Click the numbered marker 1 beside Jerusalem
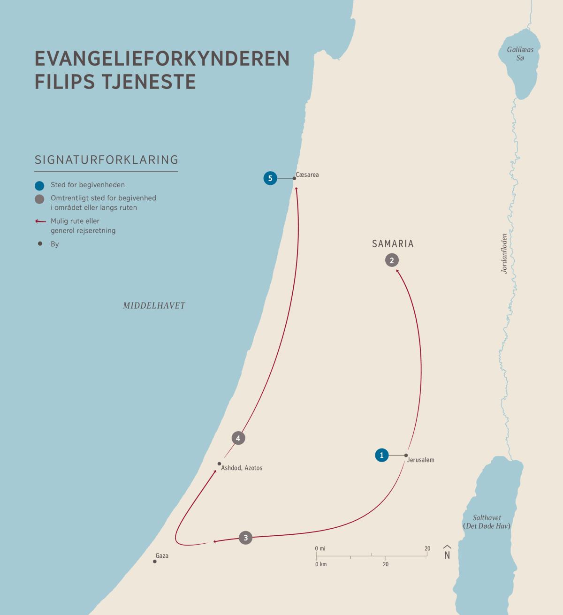(x=382, y=455)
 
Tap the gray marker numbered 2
(x=392, y=260)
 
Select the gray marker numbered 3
(x=245, y=538)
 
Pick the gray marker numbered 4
(x=238, y=438)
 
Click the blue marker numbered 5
(x=270, y=178)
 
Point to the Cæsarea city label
(x=307, y=175)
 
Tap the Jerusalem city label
(x=420, y=460)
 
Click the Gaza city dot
(x=155, y=561)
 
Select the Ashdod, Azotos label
(x=242, y=468)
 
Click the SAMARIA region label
(x=393, y=244)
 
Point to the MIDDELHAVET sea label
(x=154, y=306)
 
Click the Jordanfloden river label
(x=504, y=254)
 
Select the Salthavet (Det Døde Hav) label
(x=487, y=522)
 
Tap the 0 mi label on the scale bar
(x=320, y=548)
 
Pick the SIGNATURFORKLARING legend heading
(x=107, y=159)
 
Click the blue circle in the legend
(x=40, y=185)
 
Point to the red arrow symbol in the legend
(x=40, y=221)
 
